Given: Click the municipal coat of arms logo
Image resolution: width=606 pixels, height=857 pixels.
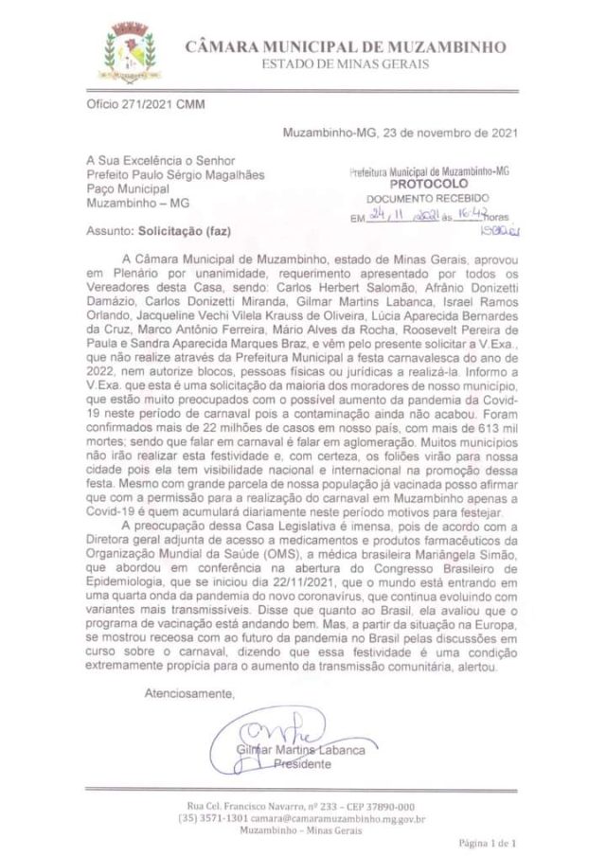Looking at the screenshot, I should (x=131, y=52).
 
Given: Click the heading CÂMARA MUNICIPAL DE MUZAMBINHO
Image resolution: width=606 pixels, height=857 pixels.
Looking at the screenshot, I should (x=345, y=46).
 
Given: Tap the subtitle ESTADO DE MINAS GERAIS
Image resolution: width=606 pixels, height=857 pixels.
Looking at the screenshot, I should (x=345, y=63).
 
